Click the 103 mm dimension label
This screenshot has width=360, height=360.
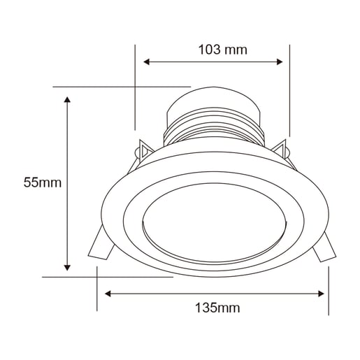(x=222, y=50)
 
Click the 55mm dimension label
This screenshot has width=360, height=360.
(x=43, y=183)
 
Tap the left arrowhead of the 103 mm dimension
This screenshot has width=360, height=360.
(x=147, y=62)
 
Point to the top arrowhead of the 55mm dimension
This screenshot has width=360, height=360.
(x=67, y=101)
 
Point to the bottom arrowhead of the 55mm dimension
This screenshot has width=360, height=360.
(x=67, y=266)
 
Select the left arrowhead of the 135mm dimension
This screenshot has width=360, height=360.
(x=108, y=294)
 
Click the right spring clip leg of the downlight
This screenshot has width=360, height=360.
(x=324, y=248)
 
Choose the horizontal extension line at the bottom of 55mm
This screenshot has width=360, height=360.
(x=105, y=277)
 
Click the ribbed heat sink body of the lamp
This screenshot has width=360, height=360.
(x=213, y=130)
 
